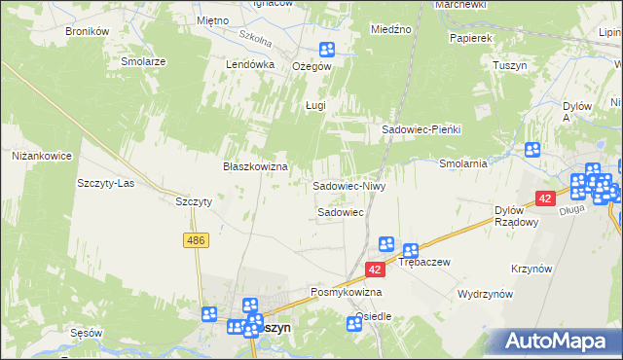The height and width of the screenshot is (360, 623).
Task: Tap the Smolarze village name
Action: coord(143,60)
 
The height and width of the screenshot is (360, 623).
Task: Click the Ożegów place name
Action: coord(312,66)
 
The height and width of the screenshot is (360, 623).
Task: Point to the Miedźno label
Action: coord(391,30)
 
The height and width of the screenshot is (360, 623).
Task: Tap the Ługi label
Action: coord(313,105)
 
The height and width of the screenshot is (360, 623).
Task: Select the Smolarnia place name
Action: coord(462,163)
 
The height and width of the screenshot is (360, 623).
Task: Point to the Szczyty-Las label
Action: coord(105,183)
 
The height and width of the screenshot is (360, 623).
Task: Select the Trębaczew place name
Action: coord(422,263)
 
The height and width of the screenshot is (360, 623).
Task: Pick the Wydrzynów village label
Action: coord(486,293)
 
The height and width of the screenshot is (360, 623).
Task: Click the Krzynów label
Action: coord(531,269)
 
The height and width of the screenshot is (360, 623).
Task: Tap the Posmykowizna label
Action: coord(346,292)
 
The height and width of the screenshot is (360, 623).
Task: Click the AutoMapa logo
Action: coord(559,340)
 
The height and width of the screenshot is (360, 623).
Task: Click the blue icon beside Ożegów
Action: coord(327,50)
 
